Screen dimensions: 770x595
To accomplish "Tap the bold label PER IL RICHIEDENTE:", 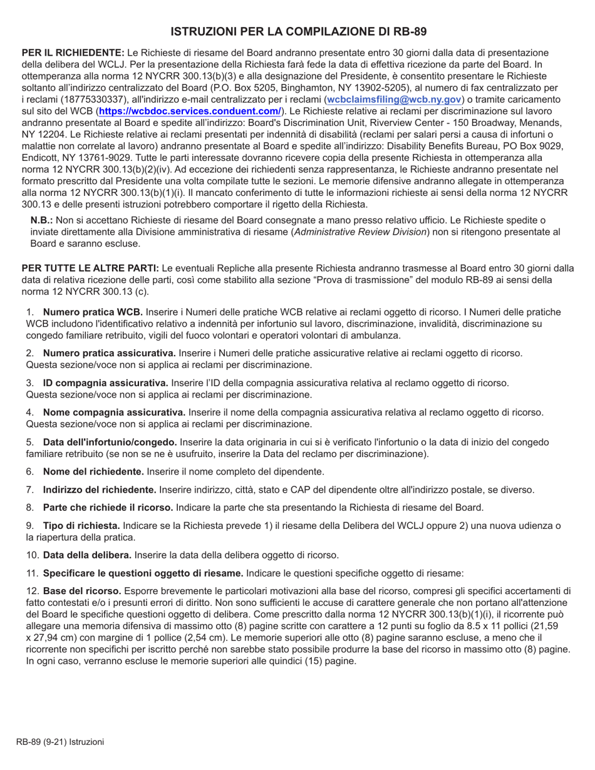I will coord(73,54).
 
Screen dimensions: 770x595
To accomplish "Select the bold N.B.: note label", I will coord(42,220).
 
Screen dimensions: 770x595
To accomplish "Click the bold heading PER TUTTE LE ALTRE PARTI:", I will coord(91,268).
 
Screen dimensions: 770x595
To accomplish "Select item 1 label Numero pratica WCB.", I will coord(93,312).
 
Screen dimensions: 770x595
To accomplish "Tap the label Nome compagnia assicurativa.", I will coord(114,412).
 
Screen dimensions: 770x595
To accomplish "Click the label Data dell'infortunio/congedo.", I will coord(110,442).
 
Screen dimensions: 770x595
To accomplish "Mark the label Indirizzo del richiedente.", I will coord(100,490).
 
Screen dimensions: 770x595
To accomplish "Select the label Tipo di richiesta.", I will coord(81,525).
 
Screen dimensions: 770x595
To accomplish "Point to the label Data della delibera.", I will coord(87,555).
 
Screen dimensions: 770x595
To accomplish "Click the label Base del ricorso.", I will coord(82,590).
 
